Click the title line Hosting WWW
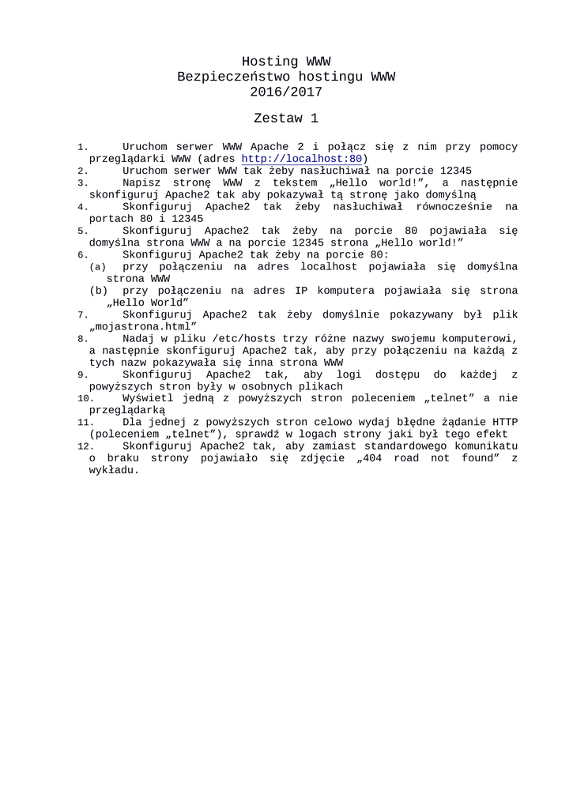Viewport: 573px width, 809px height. click(286, 62)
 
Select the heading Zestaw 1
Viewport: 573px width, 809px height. click(286, 119)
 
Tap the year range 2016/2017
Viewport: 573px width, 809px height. click(286, 92)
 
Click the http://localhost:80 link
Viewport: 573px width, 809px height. click(302, 159)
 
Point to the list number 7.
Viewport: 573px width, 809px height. click(82, 315)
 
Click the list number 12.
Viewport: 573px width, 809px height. click(85, 447)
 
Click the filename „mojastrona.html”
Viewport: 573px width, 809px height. click(143, 326)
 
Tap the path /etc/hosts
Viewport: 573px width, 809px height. click(245, 338)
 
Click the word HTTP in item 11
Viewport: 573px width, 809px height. click(505, 423)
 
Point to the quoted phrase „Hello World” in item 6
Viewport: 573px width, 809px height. click(148, 303)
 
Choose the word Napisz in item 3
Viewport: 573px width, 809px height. click(141, 182)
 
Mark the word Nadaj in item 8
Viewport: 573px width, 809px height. click(138, 338)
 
